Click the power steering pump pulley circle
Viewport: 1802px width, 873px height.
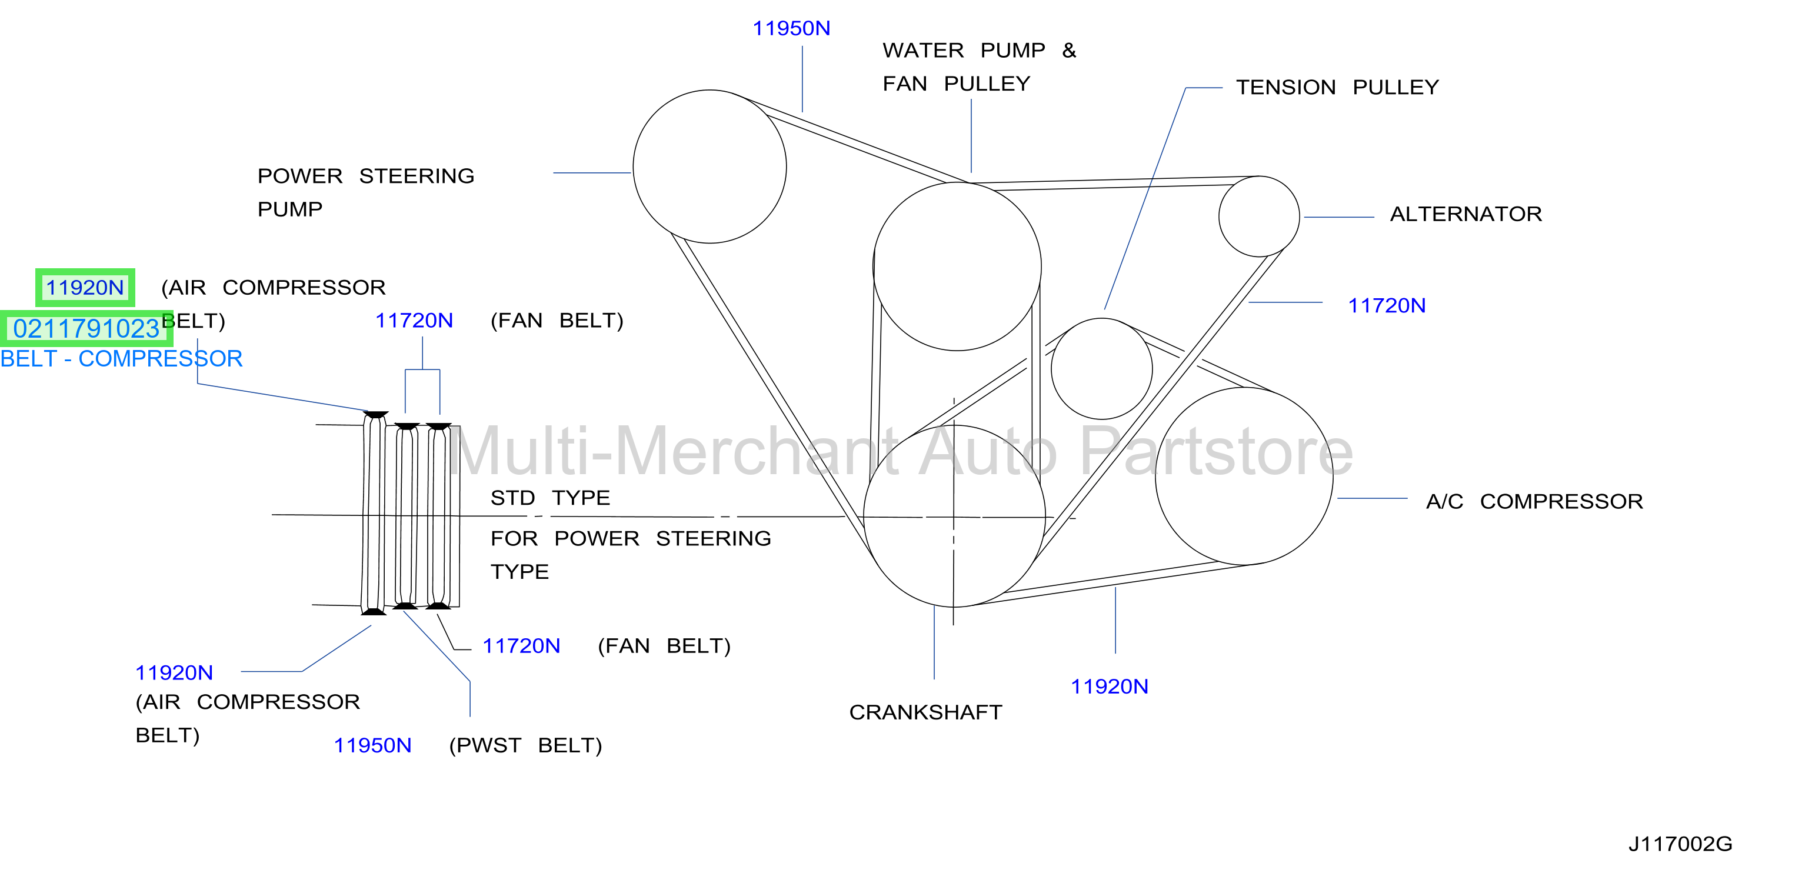click(634, 166)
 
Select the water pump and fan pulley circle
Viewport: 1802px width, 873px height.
click(874, 266)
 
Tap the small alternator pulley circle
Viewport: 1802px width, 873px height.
click(1220, 216)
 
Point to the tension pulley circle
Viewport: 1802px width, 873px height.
click(1052, 369)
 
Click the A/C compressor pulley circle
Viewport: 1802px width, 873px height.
click(1157, 476)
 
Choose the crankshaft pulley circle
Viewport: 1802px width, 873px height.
click(865, 517)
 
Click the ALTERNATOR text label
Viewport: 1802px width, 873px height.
click(1465, 214)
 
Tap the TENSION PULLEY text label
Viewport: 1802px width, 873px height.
click(1337, 88)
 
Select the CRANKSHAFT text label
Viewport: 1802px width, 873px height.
click(925, 712)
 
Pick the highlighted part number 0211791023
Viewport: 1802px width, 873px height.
click(86, 329)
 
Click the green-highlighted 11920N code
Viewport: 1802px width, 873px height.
click(85, 288)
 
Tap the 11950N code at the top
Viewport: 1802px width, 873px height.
click(791, 29)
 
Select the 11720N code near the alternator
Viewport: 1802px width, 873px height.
click(1387, 306)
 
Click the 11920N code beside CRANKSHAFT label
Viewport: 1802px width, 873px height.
click(1110, 687)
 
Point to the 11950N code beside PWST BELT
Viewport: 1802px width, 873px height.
click(372, 746)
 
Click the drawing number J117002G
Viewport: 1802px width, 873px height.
click(1680, 844)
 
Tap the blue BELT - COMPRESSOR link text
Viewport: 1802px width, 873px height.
click(121, 359)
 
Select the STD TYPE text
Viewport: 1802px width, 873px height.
click(550, 498)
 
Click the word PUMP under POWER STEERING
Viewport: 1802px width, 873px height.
click(289, 209)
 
